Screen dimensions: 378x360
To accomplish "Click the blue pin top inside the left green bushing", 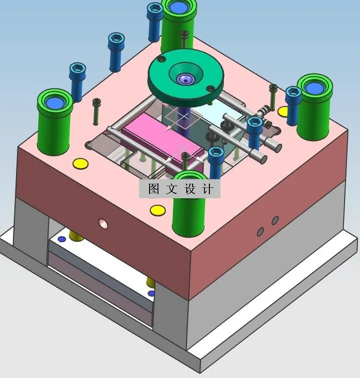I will pyautogui.click(x=54, y=103).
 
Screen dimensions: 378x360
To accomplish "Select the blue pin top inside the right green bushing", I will pyautogui.click(x=314, y=88).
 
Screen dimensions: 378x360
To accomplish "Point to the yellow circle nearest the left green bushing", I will pyautogui.click(x=79, y=163).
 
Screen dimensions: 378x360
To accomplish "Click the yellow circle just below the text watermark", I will pyautogui.click(x=157, y=210).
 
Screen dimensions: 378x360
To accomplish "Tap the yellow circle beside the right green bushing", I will pyautogui.click(x=283, y=110).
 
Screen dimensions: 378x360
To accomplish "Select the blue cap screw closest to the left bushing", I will pyautogui.click(x=77, y=80).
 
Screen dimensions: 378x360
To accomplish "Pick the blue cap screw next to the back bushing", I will pyautogui.click(x=154, y=20).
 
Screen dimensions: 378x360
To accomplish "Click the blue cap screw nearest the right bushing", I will pyautogui.click(x=293, y=105).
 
